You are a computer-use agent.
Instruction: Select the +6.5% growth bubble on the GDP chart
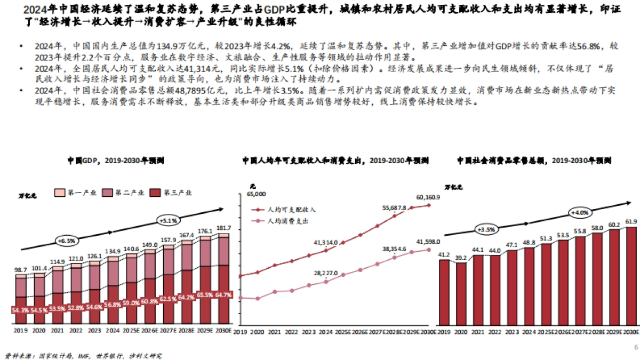coord(66,242)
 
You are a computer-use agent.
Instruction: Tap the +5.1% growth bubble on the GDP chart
coord(169,219)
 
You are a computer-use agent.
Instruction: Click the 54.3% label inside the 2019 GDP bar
coord(21,310)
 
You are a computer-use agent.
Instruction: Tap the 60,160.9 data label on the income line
coord(428,197)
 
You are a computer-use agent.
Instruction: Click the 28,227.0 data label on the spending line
coord(325,273)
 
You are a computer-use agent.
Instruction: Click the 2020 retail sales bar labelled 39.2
coord(461,293)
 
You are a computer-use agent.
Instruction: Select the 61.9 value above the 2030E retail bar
coord(631,221)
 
